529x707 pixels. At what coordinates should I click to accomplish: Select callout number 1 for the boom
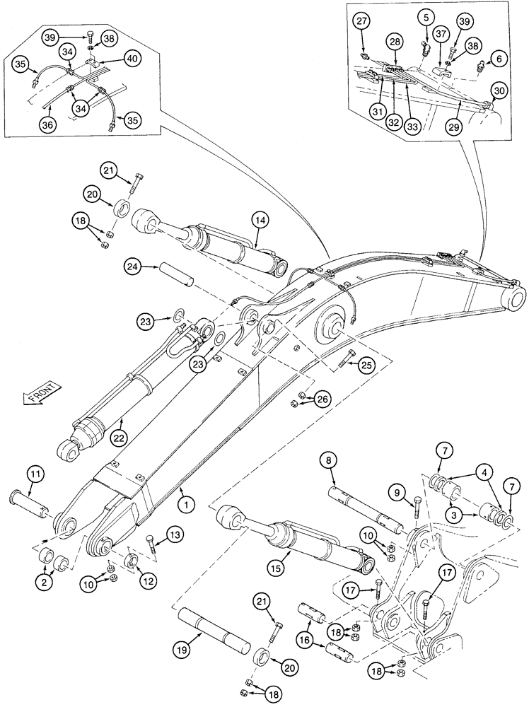tap(186, 506)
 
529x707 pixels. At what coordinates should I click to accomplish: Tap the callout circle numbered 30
tap(499, 91)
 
